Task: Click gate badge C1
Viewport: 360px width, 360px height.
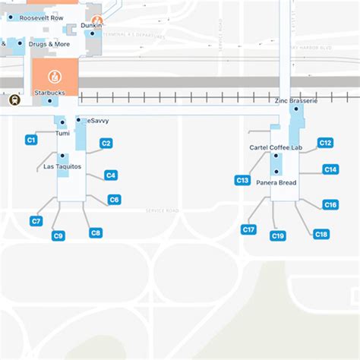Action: pyautogui.click(x=31, y=140)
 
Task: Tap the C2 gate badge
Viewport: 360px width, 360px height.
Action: pyautogui.click(x=106, y=144)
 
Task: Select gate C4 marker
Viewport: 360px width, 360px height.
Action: pyautogui.click(x=111, y=175)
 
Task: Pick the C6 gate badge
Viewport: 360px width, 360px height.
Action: pyautogui.click(x=114, y=200)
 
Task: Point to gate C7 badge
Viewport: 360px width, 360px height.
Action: pyautogui.click(x=36, y=221)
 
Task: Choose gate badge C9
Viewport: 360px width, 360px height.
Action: pyautogui.click(x=58, y=236)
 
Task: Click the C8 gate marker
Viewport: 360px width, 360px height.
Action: pyautogui.click(x=96, y=233)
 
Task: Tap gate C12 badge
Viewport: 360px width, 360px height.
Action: pyautogui.click(x=325, y=143)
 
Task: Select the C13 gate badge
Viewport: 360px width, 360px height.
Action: pyautogui.click(x=242, y=181)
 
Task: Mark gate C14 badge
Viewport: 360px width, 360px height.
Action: pyautogui.click(x=330, y=169)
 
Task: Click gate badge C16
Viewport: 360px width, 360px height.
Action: pyautogui.click(x=330, y=205)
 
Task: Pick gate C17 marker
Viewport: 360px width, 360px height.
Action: pyautogui.click(x=248, y=229)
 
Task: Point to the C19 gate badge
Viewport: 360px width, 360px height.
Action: pyautogui.click(x=278, y=236)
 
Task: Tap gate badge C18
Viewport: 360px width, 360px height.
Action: pyautogui.click(x=321, y=235)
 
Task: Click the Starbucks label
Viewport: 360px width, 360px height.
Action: pyautogui.click(x=49, y=93)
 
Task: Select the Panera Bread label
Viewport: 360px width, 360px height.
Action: pyautogui.click(x=276, y=182)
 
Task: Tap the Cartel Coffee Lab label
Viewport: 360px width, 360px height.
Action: pyautogui.click(x=276, y=147)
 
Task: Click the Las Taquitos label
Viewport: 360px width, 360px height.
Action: pyautogui.click(x=62, y=166)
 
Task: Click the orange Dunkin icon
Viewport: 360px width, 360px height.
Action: pyautogui.click(x=96, y=22)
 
